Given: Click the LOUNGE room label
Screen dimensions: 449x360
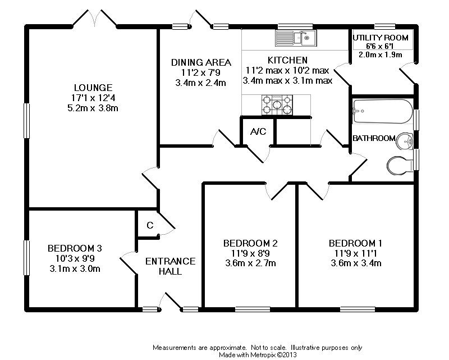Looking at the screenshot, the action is point(93,88).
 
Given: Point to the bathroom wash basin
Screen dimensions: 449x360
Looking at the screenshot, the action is point(404,141).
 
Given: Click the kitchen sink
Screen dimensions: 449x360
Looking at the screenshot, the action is point(296,38).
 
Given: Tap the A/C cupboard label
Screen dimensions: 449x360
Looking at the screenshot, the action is point(258,133).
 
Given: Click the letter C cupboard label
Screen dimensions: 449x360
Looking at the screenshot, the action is point(149,225).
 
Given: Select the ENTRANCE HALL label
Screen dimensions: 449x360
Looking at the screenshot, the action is point(170,266).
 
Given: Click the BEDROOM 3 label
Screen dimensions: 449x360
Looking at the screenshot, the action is point(75,248).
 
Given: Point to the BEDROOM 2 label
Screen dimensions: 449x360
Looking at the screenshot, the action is point(250,243).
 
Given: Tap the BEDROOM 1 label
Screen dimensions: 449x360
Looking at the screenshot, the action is point(355,243).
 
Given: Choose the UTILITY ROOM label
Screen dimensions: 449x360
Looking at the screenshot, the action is point(381,38).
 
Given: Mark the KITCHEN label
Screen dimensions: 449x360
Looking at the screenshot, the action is point(287,60).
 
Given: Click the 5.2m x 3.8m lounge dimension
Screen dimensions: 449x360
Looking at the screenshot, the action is point(93,108).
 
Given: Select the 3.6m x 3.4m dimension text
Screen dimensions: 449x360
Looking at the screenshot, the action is point(355,263).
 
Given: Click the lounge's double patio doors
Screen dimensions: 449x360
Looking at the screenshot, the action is point(94,19).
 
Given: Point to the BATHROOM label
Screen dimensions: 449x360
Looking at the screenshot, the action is point(374,138).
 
